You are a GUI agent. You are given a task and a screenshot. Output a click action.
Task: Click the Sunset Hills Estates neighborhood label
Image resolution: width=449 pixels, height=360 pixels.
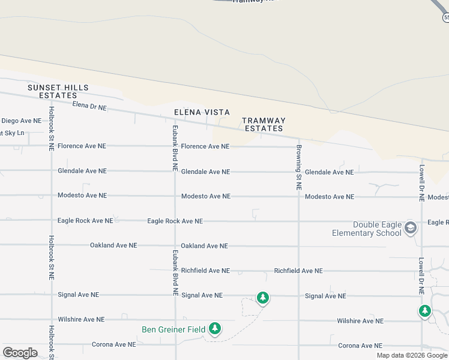[58, 91]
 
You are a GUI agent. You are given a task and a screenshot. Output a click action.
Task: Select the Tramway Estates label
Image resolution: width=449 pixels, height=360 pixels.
[264, 124]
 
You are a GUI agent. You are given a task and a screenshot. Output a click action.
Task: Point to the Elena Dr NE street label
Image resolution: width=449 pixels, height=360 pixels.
[89, 106]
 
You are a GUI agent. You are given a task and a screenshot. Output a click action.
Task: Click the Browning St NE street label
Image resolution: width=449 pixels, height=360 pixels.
[298, 167]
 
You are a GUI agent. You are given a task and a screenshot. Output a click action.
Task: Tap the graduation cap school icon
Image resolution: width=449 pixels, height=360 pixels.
[411, 227]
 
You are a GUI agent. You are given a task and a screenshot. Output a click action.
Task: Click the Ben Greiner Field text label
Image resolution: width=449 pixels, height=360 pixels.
[173, 329]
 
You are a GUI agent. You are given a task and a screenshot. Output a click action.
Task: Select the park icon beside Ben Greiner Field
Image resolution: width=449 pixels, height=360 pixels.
[215, 329]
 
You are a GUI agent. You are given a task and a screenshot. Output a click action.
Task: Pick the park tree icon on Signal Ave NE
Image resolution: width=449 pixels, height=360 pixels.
[262, 298]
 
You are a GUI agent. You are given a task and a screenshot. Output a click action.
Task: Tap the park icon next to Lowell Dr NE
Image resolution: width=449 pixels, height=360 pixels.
[425, 311]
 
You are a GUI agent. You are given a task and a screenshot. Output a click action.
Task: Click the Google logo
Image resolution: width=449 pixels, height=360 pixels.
[20, 353]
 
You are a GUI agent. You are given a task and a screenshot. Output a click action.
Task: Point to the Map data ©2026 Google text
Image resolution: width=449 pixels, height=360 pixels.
[412, 355]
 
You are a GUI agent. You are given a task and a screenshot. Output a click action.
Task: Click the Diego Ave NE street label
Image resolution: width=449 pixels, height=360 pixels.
[21, 121]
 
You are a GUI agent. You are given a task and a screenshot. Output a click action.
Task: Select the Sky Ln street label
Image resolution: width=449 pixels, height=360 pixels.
[12, 133]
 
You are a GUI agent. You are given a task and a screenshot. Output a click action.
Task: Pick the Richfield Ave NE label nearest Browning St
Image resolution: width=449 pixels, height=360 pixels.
[298, 271]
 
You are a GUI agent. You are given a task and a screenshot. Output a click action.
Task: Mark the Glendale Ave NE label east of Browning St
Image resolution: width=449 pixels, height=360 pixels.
[329, 172]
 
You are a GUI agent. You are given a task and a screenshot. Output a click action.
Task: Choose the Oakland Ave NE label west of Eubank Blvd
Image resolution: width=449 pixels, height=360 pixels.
[113, 245]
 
